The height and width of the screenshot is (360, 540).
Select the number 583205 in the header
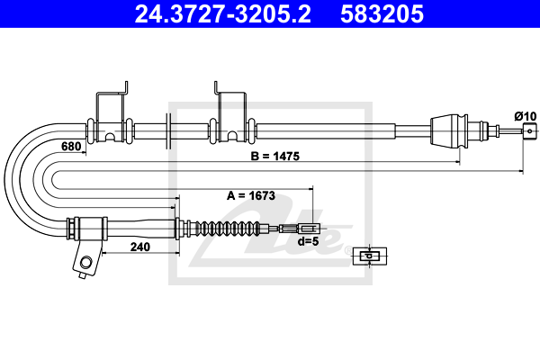point(382,14)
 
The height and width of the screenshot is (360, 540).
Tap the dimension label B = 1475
point(274,155)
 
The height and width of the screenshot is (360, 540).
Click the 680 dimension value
point(72,146)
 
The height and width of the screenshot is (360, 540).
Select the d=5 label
point(308,240)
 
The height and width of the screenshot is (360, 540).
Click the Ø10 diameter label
point(524,115)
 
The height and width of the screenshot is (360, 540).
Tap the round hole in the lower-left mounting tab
point(85,264)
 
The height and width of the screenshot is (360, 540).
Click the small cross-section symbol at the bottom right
point(368,256)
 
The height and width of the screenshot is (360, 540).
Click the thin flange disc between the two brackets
point(169,130)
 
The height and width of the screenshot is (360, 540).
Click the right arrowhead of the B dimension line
point(524,165)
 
